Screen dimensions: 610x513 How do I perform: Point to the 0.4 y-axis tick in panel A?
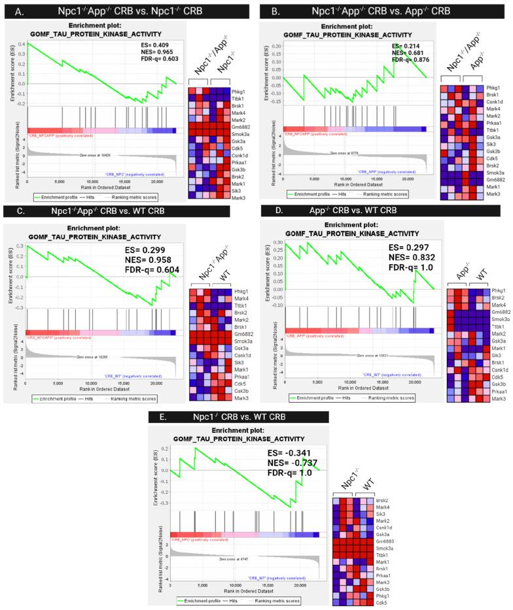(x=21, y=44)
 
